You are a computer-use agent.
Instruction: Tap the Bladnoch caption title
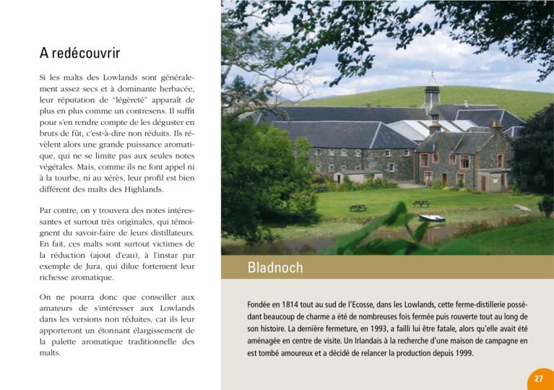click(275, 268)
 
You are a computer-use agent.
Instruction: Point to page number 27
click(539, 379)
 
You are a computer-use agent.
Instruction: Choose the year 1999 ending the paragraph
click(459, 353)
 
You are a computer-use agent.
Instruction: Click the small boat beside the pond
click(432, 217)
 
